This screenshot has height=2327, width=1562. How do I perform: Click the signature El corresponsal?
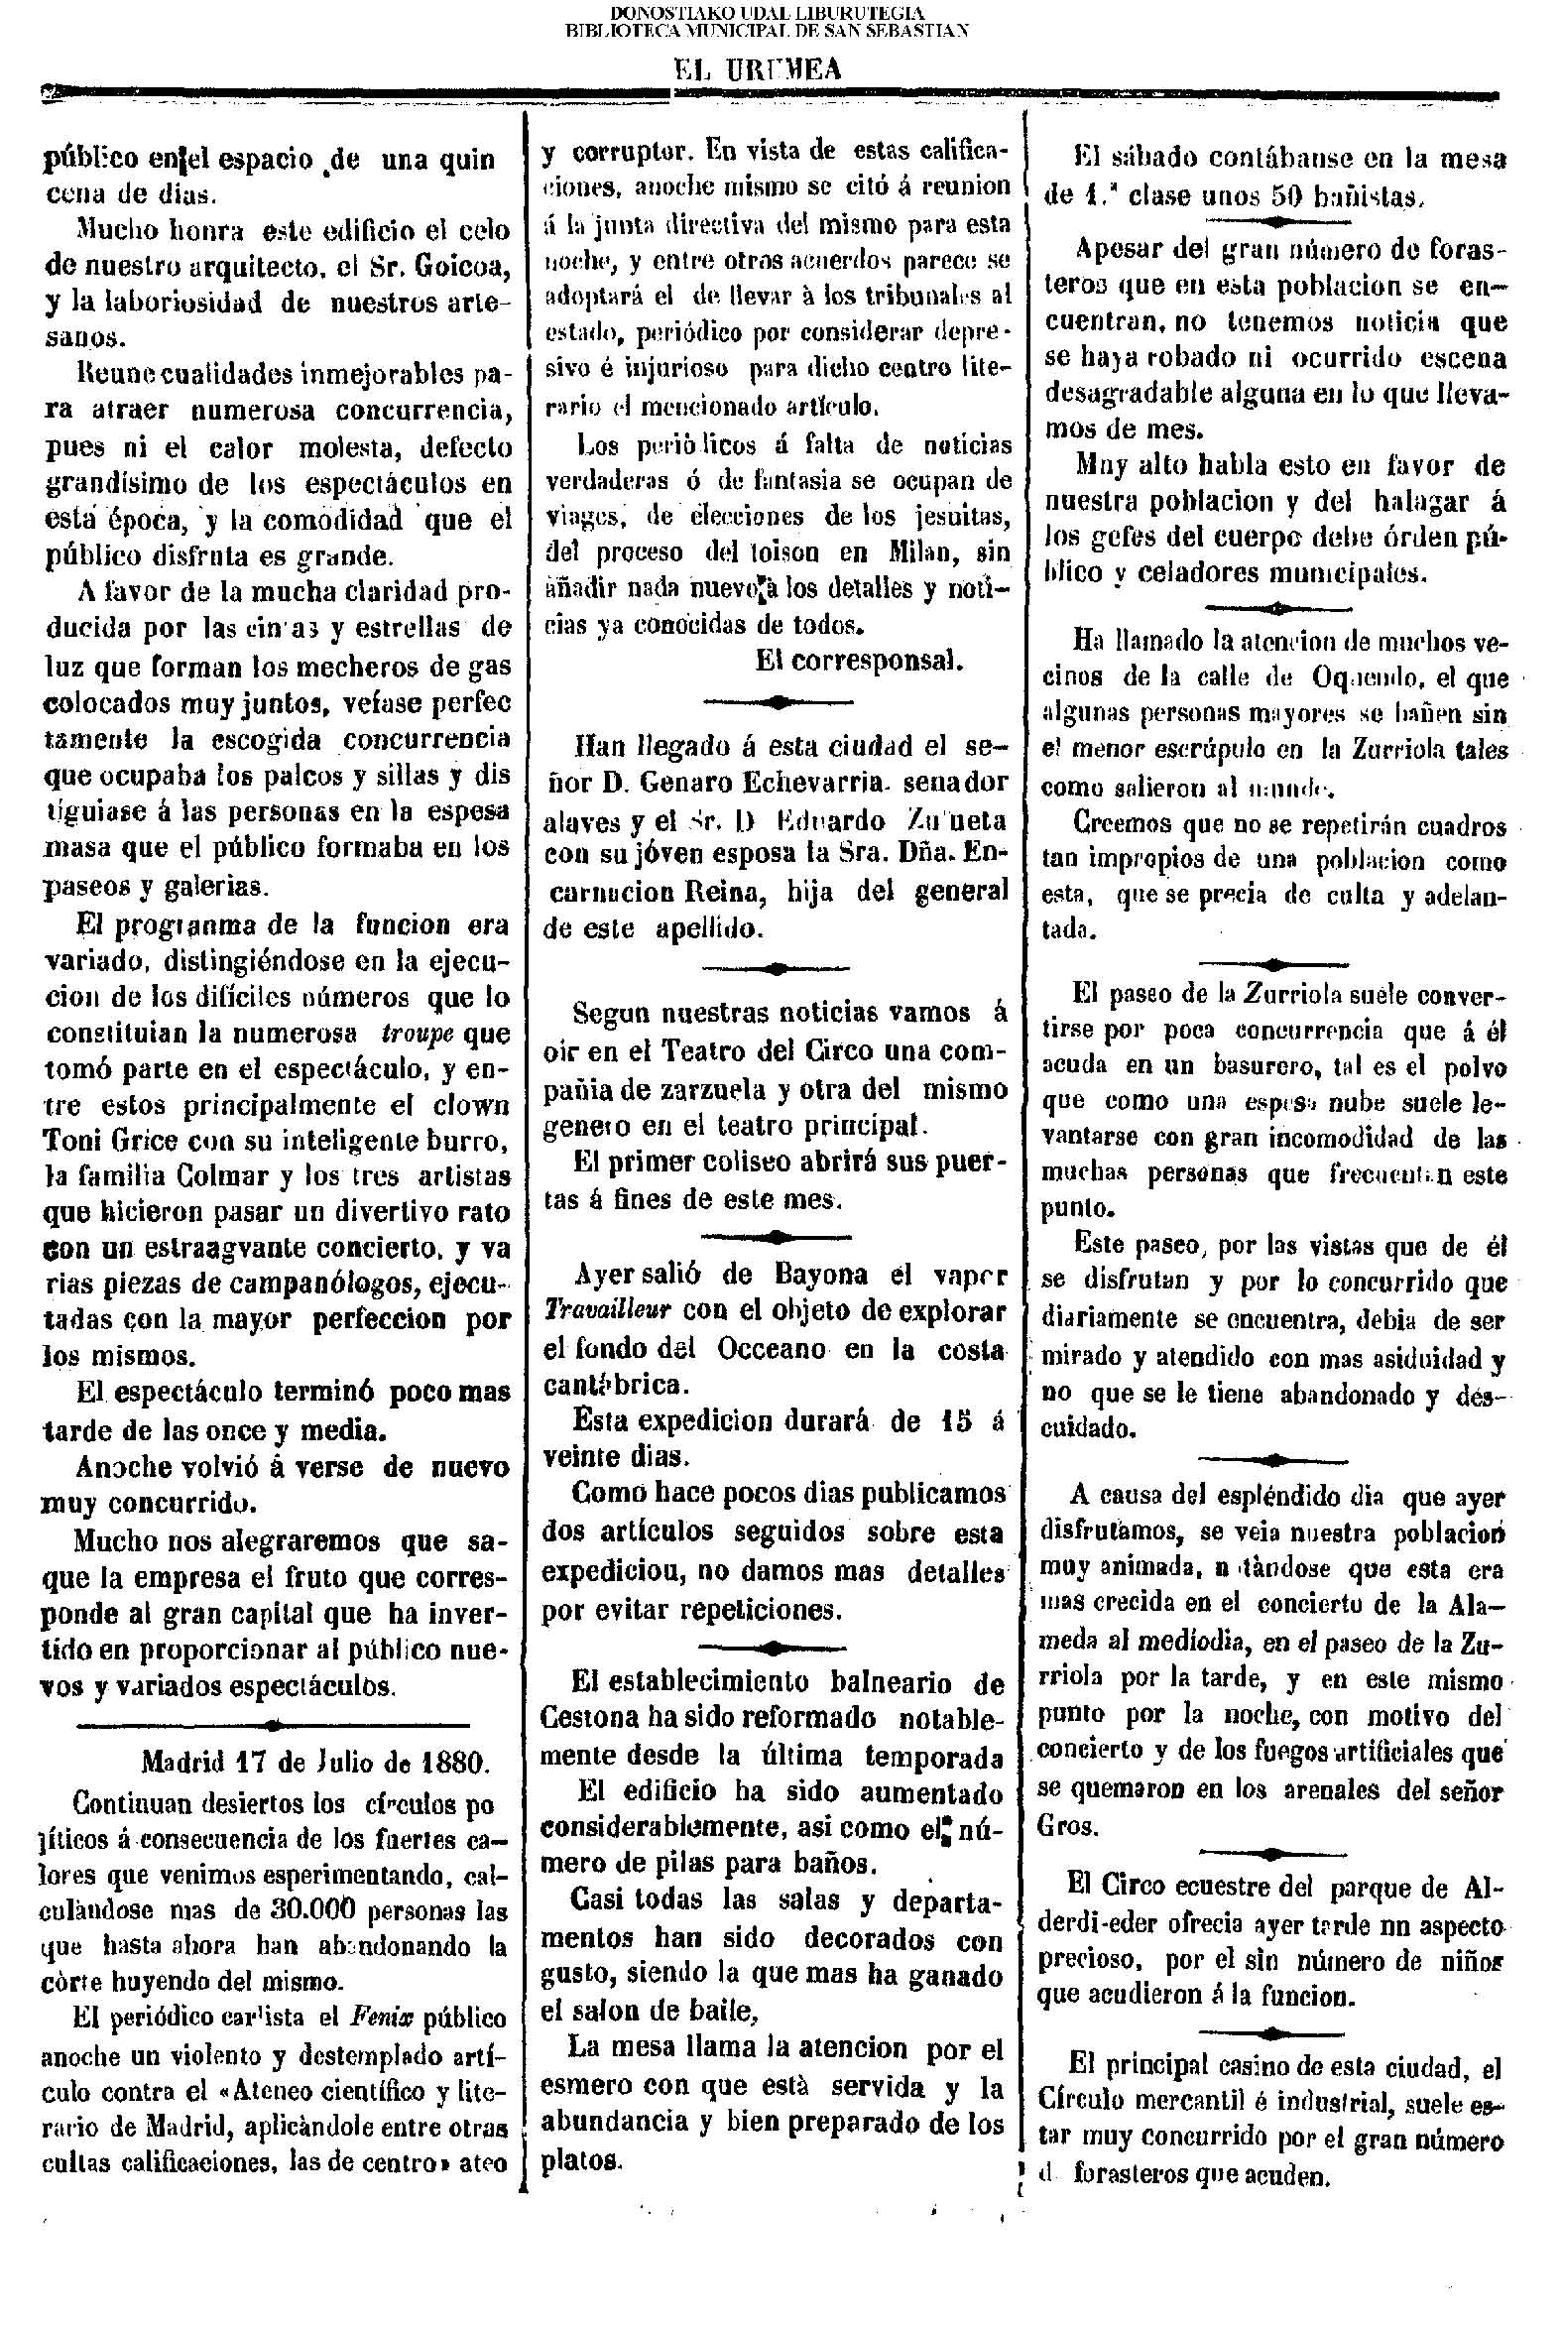(858, 662)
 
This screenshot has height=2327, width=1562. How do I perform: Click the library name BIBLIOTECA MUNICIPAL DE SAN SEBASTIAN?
(767, 30)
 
